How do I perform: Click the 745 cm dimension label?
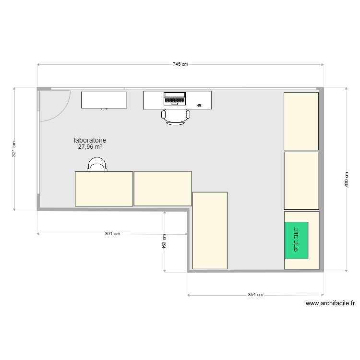[180, 64]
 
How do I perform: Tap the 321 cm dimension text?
[14, 149]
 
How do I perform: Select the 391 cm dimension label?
[112, 234]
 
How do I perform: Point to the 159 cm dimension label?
[164, 240]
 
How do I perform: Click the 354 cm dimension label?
[255, 295]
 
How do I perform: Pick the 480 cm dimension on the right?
[346, 180]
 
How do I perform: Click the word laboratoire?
[93, 140]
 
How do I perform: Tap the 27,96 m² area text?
[90, 147]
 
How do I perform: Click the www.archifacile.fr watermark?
[330, 303]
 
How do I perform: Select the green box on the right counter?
[296, 240]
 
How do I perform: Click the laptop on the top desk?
[174, 98]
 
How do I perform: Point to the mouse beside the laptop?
[199, 104]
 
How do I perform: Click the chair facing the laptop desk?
[176, 117]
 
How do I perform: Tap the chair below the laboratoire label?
[96, 165]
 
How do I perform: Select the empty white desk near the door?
[104, 100]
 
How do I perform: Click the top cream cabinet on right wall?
[301, 121]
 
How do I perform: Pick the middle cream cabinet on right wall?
[301, 180]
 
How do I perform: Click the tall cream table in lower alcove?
[210, 230]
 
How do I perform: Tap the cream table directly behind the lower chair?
[104, 189]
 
